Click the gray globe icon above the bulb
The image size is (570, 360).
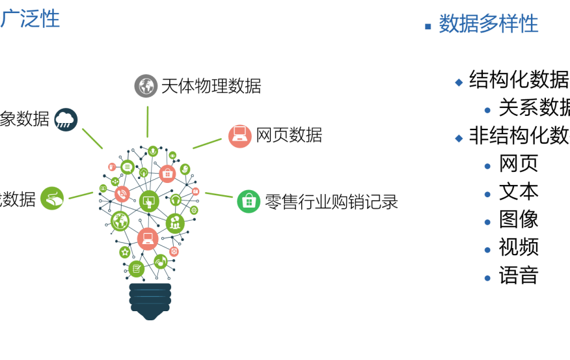146,86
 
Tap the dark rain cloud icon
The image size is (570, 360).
66,120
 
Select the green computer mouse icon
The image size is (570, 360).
52,199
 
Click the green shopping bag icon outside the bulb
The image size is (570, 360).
249,202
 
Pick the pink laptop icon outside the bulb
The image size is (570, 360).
239,136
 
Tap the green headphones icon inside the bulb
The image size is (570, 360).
176,201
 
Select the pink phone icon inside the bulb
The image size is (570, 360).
122,194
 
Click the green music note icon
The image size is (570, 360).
161,262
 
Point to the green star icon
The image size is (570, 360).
125,252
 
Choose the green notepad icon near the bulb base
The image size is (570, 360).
137,268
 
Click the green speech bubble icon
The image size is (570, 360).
128,167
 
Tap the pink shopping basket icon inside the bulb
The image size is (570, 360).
167,174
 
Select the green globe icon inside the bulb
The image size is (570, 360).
120,221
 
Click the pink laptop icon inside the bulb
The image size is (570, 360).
148,238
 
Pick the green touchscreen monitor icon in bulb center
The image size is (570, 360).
149,201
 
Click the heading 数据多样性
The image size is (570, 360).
488,24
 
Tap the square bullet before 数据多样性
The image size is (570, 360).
428,27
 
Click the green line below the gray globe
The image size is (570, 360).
148,121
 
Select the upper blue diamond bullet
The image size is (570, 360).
459,83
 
